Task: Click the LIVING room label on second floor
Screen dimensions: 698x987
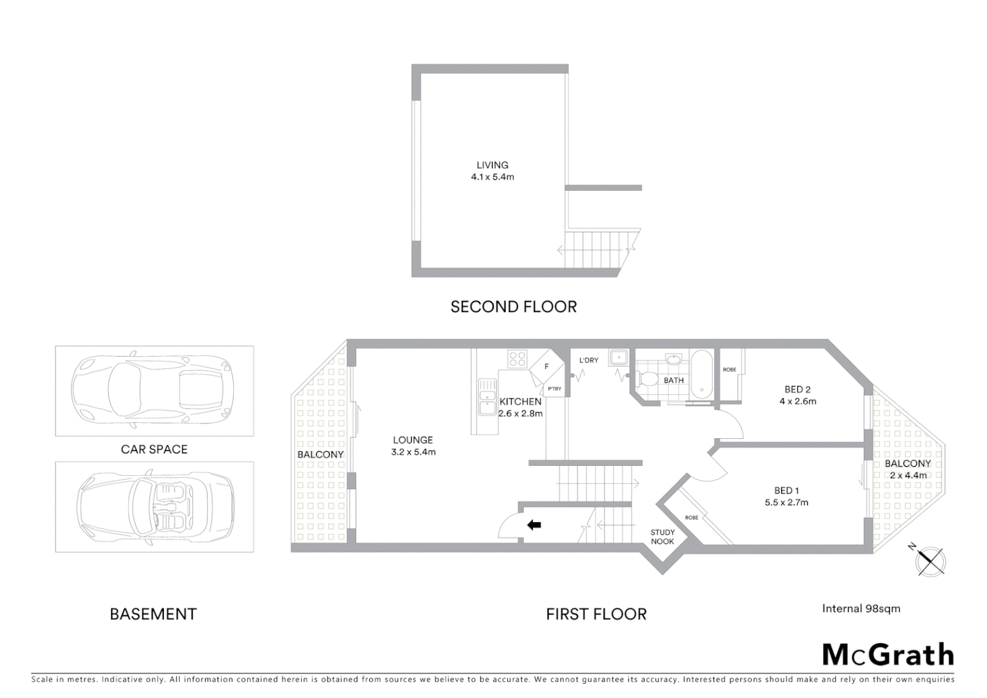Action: pos(492,165)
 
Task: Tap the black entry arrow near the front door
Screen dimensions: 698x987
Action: pos(534,525)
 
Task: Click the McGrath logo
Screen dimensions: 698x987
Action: pos(888,655)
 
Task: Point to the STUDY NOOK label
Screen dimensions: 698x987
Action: pos(662,537)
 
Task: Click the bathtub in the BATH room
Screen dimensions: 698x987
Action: pos(701,373)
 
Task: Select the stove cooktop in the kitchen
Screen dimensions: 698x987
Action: pos(517,359)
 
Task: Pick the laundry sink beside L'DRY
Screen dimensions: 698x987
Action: pos(619,357)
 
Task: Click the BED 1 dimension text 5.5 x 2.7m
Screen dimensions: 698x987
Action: pos(786,502)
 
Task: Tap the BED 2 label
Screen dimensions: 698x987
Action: pos(797,389)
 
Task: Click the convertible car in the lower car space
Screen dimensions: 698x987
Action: pos(155,507)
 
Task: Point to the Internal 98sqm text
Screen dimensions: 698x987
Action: pos(860,608)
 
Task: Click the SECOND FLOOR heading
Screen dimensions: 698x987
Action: pos(514,306)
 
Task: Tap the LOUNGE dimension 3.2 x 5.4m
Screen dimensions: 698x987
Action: pos(413,452)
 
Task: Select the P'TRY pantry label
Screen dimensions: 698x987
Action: pos(554,389)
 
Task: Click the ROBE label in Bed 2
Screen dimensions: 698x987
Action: pos(729,370)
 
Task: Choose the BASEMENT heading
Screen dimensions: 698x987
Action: pos(153,614)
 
